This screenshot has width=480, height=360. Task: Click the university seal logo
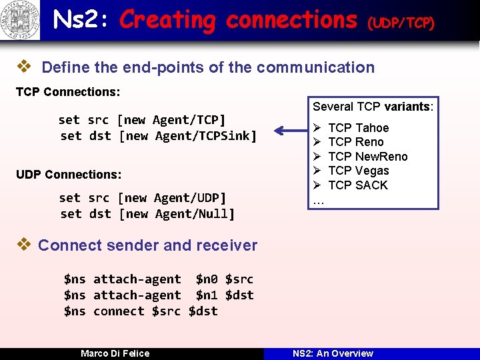(x=20, y=20)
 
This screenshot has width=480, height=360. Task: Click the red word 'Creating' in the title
(x=167, y=20)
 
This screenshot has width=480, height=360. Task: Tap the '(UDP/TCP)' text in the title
(x=401, y=23)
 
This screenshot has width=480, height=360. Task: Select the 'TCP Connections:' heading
(x=67, y=91)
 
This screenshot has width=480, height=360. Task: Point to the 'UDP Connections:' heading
(x=69, y=175)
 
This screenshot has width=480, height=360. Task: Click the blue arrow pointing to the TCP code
(x=287, y=131)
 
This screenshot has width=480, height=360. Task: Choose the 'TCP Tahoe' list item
(x=358, y=127)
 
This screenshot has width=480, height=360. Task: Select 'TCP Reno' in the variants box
(x=356, y=142)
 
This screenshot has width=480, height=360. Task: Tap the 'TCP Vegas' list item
(x=358, y=171)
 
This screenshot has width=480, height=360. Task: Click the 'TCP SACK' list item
(x=357, y=185)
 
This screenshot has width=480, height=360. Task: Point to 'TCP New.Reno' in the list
(x=367, y=157)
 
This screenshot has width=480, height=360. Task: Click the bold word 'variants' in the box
(x=408, y=107)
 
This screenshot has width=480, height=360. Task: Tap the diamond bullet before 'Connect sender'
(x=23, y=245)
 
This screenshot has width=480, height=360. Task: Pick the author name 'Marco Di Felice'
(x=115, y=353)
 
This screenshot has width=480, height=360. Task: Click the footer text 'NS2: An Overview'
(x=333, y=353)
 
